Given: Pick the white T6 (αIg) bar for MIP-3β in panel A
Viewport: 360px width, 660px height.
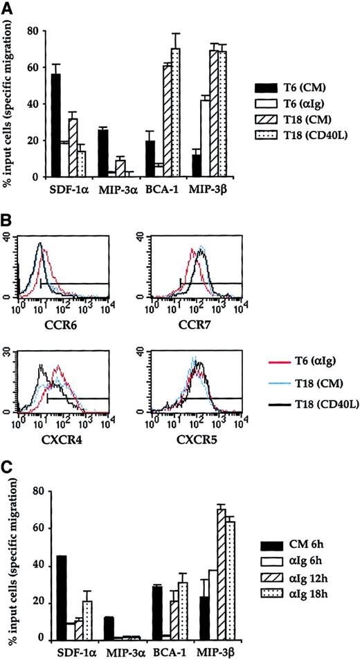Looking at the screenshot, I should point(205,138).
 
